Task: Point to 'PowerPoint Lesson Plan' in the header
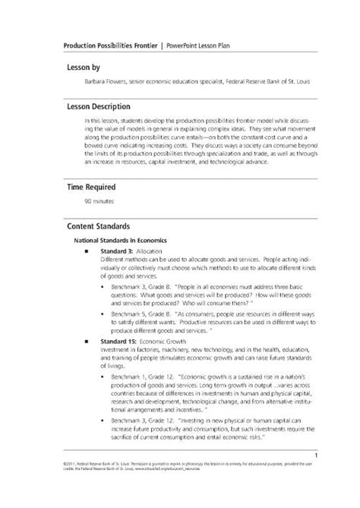199,45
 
